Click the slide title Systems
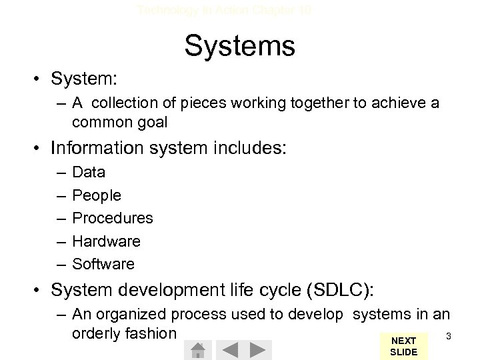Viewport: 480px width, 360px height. [239, 46]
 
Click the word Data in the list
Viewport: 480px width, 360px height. [89, 173]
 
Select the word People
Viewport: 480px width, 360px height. [97, 196]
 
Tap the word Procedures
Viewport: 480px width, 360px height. [113, 219]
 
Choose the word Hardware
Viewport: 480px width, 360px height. [106, 241]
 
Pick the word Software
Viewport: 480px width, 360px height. [103, 264]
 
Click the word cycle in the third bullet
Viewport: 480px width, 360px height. [251, 291]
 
